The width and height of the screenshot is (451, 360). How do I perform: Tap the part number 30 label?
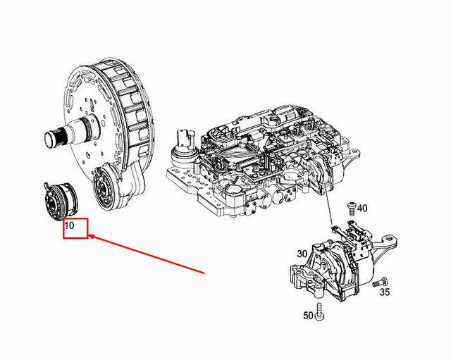[302, 254]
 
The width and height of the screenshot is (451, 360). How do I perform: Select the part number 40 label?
[362, 208]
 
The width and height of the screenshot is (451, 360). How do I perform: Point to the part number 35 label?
[385, 292]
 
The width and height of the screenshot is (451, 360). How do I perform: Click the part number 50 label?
[308, 316]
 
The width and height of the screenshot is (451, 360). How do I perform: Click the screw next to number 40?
[351, 207]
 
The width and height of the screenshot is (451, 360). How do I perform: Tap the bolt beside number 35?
[384, 281]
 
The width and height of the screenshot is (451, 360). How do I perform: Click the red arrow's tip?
[90, 237]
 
